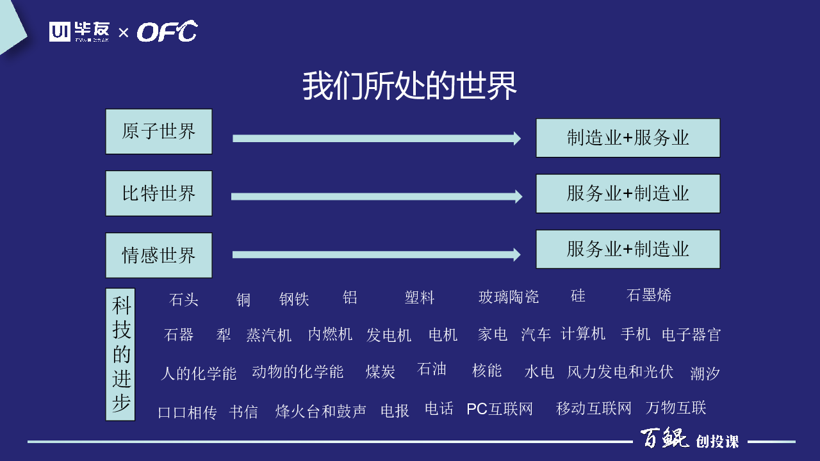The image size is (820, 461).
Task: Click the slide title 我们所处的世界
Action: pos(409,86)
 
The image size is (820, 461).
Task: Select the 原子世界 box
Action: pos(159,131)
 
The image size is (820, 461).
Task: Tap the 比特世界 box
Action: pos(159,193)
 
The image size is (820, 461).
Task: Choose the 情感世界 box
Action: pos(159,255)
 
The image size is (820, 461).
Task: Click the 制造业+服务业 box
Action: pos(628,138)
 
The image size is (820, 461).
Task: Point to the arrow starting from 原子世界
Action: pos(377,138)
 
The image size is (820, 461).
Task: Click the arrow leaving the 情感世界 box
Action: pos(376,255)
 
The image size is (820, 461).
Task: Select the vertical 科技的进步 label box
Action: pos(120,355)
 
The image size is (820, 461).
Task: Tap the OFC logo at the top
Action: pos(167,31)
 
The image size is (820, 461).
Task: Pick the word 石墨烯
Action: pos(649,295)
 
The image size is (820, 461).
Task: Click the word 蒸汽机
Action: pos(268,335)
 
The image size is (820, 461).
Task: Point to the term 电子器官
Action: pos(691,335)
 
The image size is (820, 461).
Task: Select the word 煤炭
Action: pos(381,372)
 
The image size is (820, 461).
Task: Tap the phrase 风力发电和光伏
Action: pos(620,372)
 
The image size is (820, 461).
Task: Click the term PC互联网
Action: pos(500,408)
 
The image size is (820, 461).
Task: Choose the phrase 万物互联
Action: pos(676,408)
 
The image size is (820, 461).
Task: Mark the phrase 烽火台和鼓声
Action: pos(321,411)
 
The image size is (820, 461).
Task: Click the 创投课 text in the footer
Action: pos(717,442)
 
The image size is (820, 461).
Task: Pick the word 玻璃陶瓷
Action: pos(509,296)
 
